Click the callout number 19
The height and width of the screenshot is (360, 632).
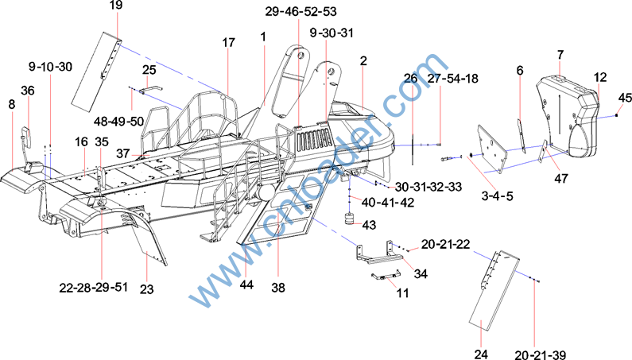point(116,6)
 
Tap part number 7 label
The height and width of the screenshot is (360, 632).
point(560,54)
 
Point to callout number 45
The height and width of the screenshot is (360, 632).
point(625,98)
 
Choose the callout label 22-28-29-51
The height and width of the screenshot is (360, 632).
point(92,288)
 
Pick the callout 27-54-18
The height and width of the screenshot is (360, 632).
point(452,78)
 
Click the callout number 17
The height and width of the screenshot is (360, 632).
point(229,41)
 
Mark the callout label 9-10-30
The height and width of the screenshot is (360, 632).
point(50,66)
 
